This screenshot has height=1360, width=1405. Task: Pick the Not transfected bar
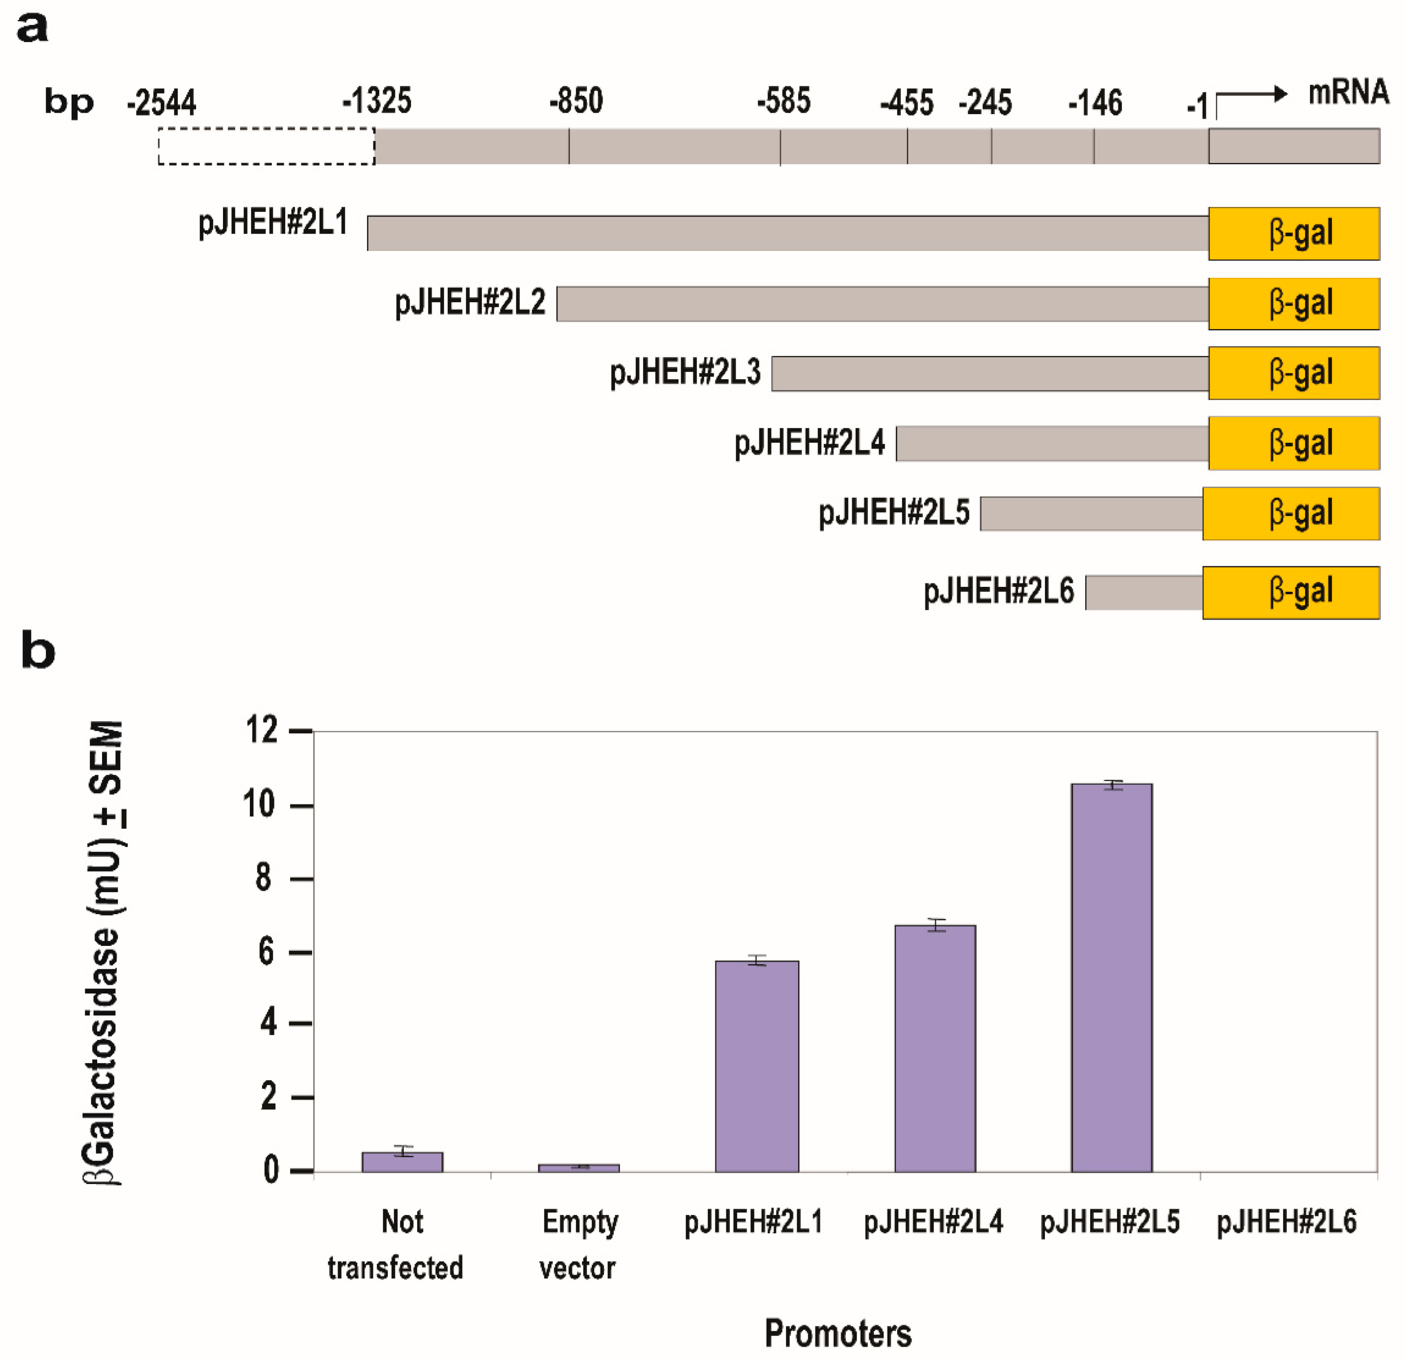coord(402,1162)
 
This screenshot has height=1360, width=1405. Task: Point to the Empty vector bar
coord(578,1168)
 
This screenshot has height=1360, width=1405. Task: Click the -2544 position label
coord(161,103)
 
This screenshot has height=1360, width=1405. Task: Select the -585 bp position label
coord(784,101)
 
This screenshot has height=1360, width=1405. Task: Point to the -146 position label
coord(1095,103)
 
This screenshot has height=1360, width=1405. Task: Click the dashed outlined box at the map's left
coord(266,146)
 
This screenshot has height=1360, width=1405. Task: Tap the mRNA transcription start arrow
coord(1251,95)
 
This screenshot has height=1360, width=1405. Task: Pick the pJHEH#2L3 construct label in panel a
coord(685,372)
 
